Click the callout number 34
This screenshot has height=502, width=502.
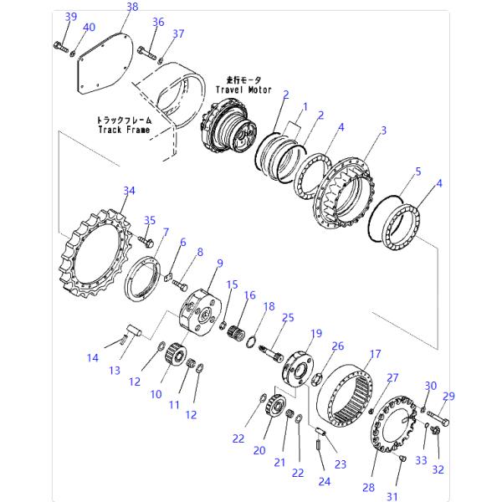(x=128, y=191)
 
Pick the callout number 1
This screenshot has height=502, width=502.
(x=305, y=106)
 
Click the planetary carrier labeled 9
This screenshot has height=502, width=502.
(x=199, y=309)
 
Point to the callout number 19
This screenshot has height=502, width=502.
(x=316, y=333)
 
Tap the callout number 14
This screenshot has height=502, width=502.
(x=92, y=358)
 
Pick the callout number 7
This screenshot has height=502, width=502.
(x=165, y=232)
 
